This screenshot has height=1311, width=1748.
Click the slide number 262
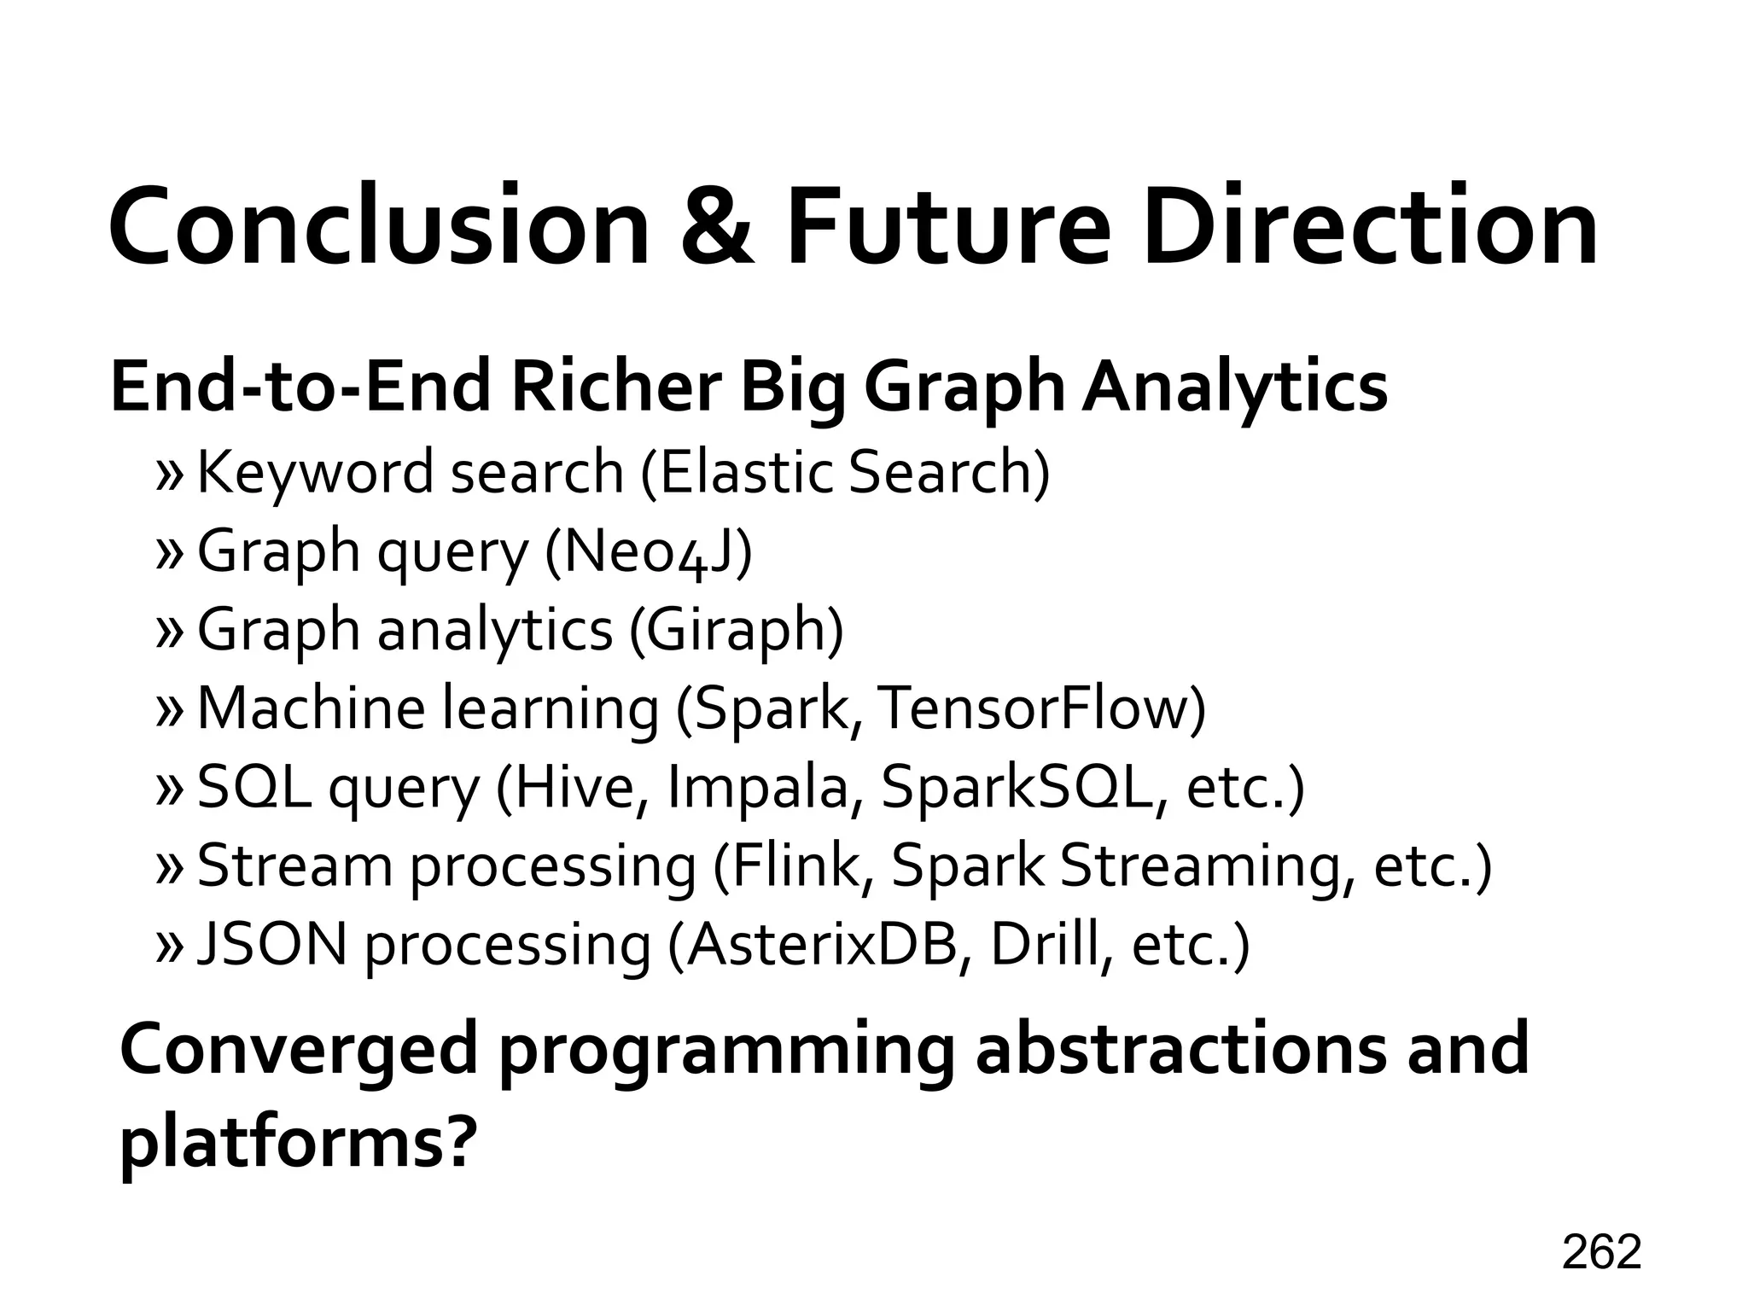(x=1601, y=1253)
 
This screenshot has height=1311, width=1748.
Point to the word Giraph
(x=734, y=630)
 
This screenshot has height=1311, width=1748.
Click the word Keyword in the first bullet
(x=315, y=473)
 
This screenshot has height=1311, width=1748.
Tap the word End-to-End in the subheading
(x=300, y=387)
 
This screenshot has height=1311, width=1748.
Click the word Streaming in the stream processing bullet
(x=1205, y=867)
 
